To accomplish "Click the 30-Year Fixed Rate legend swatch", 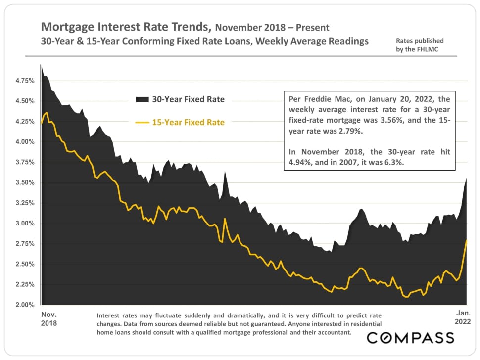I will (143, 99).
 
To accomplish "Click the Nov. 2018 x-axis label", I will (48, 318).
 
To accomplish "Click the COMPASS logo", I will (410, 338).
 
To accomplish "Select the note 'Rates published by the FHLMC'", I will (420, 45).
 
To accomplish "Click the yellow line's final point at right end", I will (467, 240).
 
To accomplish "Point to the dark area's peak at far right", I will (467, 179).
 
